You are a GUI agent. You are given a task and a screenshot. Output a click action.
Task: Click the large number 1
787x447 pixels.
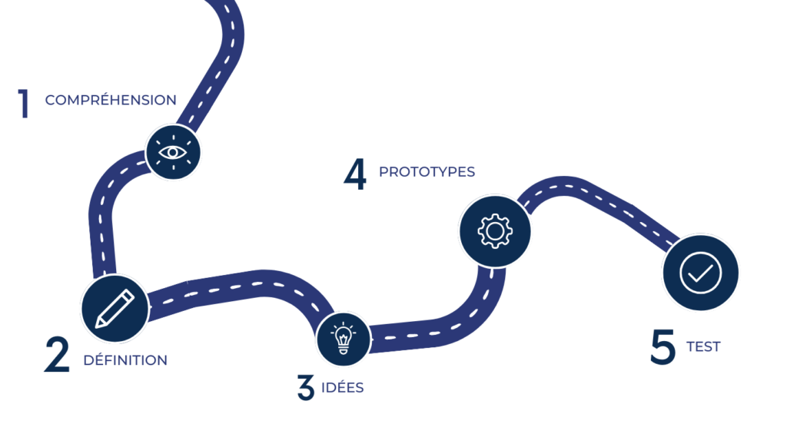coord(24,104)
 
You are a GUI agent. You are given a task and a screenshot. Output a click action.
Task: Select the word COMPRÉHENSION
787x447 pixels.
coord(111,100)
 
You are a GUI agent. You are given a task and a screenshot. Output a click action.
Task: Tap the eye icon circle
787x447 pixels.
coord(173,152)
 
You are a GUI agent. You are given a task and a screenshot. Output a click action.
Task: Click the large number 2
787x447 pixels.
coord(56,355)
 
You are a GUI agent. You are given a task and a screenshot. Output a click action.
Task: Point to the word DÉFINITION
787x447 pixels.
coord(125,359)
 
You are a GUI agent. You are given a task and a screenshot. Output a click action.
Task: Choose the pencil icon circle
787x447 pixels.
coord(115,309)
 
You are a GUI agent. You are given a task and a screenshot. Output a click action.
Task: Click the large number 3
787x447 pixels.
coord(305,387)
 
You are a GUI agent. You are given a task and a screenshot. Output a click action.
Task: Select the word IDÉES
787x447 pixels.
coord(342,387)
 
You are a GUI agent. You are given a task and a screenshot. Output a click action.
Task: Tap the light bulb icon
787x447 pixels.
coord(344,339)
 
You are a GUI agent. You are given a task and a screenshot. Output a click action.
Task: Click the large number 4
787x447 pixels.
coord(355,174)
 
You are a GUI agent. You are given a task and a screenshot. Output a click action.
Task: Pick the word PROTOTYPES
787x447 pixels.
coord(427,172)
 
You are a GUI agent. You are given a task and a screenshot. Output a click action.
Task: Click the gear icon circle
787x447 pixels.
coord(495,231)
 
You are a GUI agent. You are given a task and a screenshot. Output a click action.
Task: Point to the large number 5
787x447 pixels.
coord(662,346)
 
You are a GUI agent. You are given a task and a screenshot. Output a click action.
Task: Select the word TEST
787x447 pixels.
coord(703,346)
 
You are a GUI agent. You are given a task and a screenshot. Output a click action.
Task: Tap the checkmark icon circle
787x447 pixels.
coord(701,273)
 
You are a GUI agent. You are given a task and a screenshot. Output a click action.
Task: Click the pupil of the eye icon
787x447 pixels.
coord(173,152)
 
